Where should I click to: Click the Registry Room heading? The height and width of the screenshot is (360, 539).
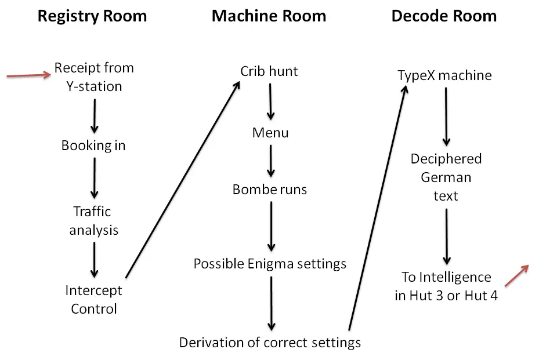coord(92,16)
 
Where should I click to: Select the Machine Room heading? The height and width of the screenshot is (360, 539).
coord(269,16)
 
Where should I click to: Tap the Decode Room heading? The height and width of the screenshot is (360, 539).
coord(444,16)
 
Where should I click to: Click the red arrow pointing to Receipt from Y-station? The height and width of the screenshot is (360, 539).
coord(29,75)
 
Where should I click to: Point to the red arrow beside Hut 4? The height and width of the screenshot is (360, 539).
coord(516,275)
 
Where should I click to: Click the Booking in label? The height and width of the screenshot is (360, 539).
coord(93,146)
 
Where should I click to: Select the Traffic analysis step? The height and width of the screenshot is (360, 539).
coord(93,221)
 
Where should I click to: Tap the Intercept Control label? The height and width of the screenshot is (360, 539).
coord(93,300)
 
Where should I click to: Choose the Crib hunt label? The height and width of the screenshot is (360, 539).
coord(269,71)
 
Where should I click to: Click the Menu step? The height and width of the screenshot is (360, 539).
coord(270,133)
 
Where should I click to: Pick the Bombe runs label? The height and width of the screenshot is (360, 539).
coord(269,189)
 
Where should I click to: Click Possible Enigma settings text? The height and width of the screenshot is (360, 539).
coord(270,264)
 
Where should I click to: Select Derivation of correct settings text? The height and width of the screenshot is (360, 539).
coord(270,343)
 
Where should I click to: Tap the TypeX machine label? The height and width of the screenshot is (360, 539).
coord(444,75)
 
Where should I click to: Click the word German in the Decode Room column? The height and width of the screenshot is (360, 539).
coord(446,177)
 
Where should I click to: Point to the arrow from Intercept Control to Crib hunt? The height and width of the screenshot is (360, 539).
coord(183,179)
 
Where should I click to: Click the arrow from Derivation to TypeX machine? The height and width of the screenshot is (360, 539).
coord(378,208)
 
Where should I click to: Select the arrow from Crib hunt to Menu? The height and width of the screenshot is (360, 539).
coord(270,101)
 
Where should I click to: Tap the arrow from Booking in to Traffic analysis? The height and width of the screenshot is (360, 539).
coord(94,178)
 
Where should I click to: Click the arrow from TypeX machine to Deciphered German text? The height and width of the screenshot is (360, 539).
coord(446,117)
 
